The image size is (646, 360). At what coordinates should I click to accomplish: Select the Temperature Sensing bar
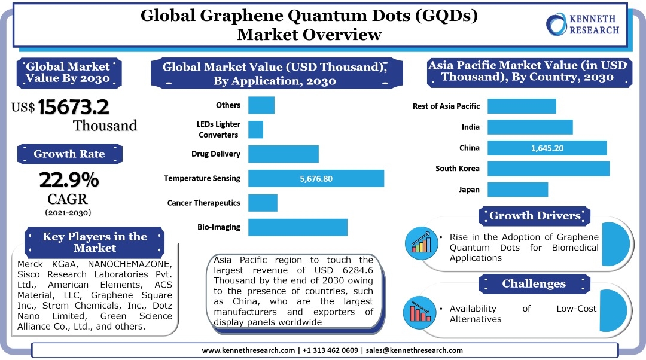point(316,178)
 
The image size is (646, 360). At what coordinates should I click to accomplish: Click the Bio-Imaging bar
point(297,227)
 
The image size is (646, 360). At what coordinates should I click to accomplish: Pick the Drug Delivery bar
point(283,154)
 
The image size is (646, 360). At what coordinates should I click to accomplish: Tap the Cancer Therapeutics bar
point(263,203)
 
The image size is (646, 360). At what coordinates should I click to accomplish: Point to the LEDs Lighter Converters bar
point(255,129)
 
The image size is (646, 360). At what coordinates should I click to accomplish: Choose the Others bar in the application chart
point(261,105)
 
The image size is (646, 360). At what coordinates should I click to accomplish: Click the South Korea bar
point(548,169)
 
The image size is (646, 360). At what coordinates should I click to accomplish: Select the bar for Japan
point(517,190)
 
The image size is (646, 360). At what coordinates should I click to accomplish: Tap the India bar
point(530,127)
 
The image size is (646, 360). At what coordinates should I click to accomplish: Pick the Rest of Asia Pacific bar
point(522,106)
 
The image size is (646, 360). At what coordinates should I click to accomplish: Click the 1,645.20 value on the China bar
point(547,148)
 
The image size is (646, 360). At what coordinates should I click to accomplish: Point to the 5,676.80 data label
point(316,178)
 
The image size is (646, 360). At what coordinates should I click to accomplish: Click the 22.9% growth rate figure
point(69,179)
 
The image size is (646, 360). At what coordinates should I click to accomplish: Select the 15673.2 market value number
point(74,107)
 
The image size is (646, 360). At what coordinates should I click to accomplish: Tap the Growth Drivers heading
point(535,216)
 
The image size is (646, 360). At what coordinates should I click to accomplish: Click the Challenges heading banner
point(534,283)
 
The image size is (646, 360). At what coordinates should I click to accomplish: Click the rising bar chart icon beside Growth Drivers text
point(422,243)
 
